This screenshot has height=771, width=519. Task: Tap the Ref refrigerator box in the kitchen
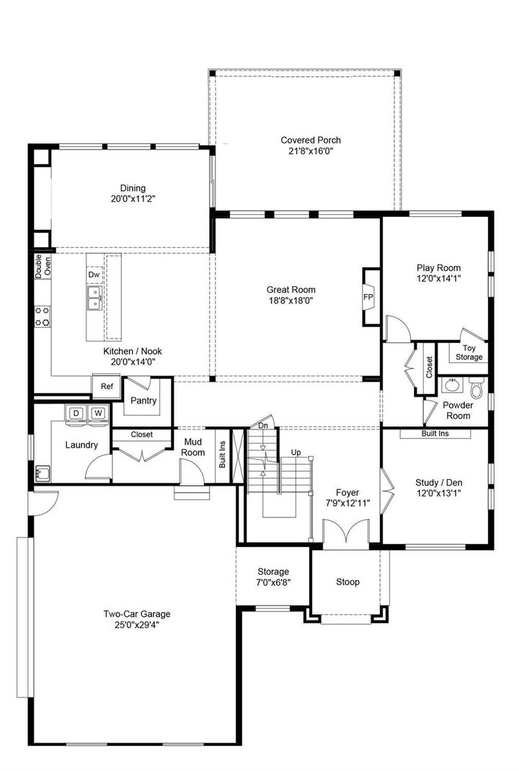pyautogui.click(x=107, y=387)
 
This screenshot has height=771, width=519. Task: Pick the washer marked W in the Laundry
pyautogui.click(x=97, y=413)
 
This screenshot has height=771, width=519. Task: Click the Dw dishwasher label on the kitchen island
pyautogui.click(x=94, y=275)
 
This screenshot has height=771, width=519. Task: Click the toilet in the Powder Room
pyautogui.click(x=476, y=390)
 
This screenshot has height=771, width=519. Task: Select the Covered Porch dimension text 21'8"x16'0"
pyautogui.click(x=311, y=152)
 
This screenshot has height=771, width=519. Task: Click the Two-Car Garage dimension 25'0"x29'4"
pyautogui.click(x=136, y=625)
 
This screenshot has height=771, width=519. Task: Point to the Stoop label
pyautogui.click(x=347, y=581)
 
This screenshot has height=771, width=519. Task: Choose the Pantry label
pyautogui.click(x=143, y=401)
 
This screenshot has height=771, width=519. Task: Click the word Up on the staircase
pyautogui.click(x=296, y=453)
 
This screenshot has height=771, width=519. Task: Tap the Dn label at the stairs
pyautogui.click(x=263, y=426)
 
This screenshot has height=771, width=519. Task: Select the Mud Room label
pyautogui.click(x=193, y=447)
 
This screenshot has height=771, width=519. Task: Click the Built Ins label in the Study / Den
pyautogui.click(x=435, y=434)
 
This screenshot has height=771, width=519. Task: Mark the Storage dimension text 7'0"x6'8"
pyautogui.click(x=273, y=582)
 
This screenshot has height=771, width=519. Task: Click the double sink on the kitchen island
pyautogui.click(x=94, y=298)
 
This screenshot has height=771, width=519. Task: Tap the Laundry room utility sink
pyautogui.click(x=41, y=473)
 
